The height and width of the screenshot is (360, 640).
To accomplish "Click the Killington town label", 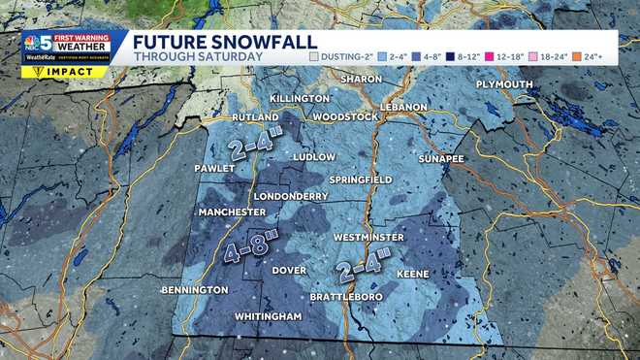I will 273,99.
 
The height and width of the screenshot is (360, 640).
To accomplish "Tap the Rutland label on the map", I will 229,117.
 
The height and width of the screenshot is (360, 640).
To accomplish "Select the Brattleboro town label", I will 343,296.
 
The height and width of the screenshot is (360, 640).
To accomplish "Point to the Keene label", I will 413,275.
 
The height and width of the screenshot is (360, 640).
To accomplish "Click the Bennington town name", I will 193,290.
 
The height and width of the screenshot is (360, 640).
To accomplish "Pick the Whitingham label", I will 268,316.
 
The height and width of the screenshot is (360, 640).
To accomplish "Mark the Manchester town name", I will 232,213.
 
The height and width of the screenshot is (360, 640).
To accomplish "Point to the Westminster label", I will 368,237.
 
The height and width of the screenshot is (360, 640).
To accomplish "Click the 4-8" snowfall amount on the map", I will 245,248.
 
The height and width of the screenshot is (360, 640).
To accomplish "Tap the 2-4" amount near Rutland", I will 256,143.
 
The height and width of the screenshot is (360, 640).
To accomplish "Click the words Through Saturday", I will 197,57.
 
